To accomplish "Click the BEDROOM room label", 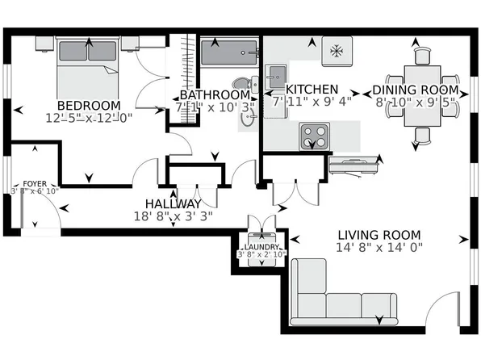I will tap(88, 105).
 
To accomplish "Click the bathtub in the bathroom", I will tap(229, 53).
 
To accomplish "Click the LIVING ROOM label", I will tap(379, 235).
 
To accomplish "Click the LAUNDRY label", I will tap(262, 246).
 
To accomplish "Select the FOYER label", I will tap(35, 183).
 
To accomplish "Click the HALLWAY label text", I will tap(173, 203).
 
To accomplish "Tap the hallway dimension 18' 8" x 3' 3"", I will tap(173, 216).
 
